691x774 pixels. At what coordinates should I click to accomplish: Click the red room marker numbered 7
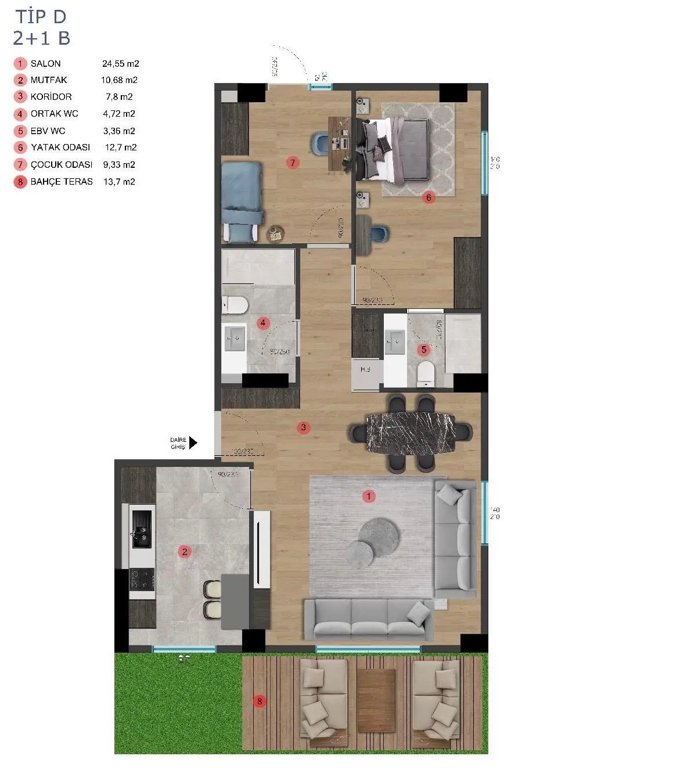click(x=293, y=163)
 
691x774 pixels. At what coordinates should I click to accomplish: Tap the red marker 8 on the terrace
click(x=260, y=701)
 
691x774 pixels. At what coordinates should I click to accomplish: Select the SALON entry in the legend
click(x=45, y=64)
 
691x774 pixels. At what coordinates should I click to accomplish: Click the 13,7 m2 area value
click(x=119, y=182)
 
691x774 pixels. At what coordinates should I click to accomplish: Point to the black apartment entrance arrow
click(x=193, y=443)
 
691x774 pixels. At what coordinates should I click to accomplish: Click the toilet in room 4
click(x=235, y=304)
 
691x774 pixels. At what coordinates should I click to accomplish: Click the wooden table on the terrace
click(x=376, y=700)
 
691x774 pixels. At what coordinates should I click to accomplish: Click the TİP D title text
click(x=41, y=17)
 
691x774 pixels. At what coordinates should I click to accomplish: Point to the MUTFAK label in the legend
click(x=49, y=80)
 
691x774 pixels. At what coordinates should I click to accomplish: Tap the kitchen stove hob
click(x=142, y=578)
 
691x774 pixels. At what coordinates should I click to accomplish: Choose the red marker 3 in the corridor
click(x=303, y=428)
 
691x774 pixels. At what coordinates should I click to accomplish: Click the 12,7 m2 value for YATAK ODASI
click(x=120, y=147)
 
